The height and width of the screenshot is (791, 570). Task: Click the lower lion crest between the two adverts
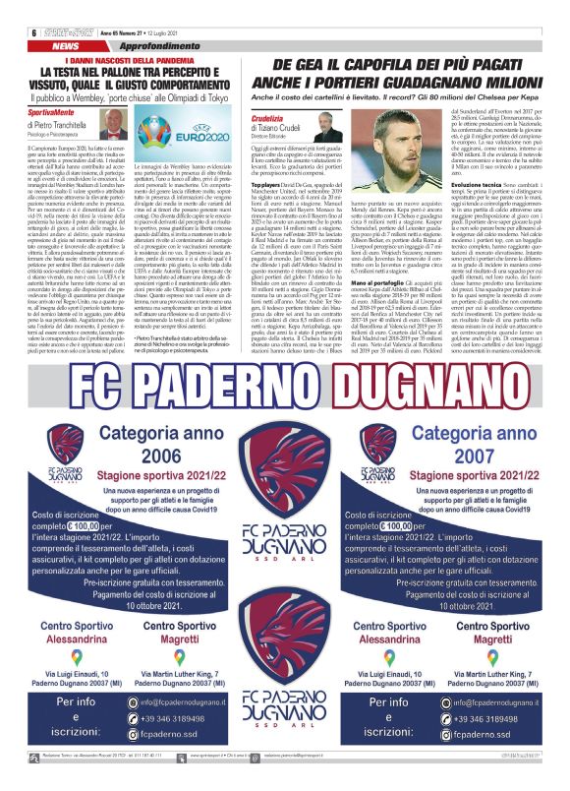pyautogui.click(x=284, y=656)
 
